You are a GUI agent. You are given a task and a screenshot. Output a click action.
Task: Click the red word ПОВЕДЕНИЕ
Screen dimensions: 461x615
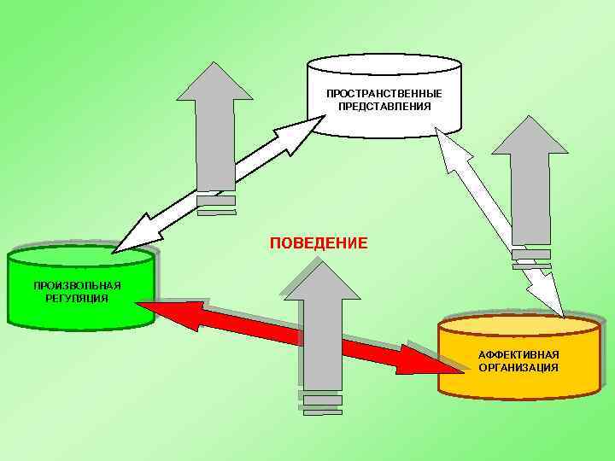coord(319,244)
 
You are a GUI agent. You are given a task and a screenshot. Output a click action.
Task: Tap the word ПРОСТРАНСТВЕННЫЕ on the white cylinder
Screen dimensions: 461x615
coord(384,93)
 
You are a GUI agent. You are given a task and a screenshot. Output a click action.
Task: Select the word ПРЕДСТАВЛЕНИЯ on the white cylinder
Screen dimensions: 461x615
coord(384,107)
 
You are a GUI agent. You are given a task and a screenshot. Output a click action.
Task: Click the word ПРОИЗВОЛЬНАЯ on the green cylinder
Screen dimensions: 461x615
coord(77,285)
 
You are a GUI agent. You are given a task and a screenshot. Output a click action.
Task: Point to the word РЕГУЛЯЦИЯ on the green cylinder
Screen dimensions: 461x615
coord(77,299)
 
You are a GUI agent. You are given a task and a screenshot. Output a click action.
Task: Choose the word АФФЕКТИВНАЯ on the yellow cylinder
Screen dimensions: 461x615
coord(518,354)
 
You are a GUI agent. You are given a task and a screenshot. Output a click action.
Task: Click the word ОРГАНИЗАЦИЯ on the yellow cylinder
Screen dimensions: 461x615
coord(518,368)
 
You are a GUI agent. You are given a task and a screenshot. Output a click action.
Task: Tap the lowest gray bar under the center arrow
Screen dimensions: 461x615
coord(321,411)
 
